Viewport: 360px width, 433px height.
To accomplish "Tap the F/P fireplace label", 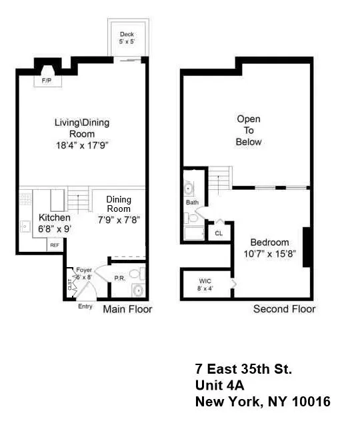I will click(47, 80).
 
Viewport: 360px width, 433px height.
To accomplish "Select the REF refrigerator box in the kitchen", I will click(54, 245).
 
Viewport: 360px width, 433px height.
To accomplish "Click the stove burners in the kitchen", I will click(24, 198).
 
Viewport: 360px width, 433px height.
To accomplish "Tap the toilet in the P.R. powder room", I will click(135, 274).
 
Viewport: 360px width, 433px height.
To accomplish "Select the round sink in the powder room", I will click(138, 290).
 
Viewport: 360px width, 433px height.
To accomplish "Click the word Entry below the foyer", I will click(85, 306).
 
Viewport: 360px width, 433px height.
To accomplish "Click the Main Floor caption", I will click(127, 309).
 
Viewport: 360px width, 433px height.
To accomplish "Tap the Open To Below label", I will click(249, 131).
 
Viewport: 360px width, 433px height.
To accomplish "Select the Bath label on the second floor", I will click(192, 202).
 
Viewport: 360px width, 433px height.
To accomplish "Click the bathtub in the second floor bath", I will click(195, 233).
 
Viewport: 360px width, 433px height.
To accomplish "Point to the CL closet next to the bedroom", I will click(218, 233).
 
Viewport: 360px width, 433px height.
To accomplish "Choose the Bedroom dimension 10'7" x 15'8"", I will click(269, 253).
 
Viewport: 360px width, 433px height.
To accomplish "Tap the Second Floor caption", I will click(284, 309).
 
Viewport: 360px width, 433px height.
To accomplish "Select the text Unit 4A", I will click(223, 385).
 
